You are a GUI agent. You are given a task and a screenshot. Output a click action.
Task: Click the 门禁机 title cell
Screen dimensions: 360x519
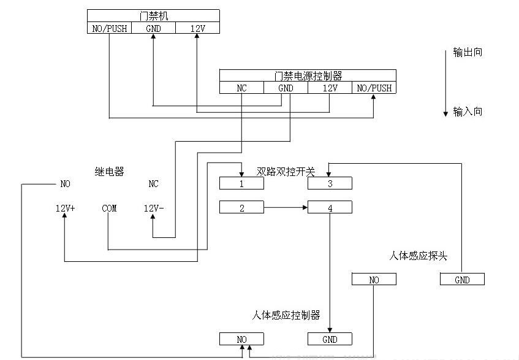153,15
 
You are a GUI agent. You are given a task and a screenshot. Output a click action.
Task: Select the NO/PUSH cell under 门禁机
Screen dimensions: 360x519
109,28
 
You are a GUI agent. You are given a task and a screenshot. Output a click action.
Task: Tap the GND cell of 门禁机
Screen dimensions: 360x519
153,28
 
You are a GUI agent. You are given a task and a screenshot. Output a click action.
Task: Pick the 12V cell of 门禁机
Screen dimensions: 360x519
197,28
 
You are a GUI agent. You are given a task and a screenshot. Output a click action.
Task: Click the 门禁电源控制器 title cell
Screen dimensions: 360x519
308,76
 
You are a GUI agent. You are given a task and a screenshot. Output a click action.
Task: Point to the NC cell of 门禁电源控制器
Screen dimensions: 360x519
241,88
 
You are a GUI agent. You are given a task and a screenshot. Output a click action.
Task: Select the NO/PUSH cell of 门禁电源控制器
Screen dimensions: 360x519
374,88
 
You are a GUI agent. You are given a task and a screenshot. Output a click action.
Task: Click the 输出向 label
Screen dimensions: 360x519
468,52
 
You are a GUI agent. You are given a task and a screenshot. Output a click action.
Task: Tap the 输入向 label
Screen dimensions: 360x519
468,112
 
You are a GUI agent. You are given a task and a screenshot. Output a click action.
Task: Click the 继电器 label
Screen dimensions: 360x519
109,172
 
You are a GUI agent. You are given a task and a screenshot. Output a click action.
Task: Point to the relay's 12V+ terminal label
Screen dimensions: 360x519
65,209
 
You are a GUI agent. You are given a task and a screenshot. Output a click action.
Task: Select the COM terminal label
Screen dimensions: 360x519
109,209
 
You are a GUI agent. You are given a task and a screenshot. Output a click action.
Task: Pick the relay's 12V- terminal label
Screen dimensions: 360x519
153,209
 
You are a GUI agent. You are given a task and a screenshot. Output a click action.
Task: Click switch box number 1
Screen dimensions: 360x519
241,183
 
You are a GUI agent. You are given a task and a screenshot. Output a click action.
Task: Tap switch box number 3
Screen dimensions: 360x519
330,183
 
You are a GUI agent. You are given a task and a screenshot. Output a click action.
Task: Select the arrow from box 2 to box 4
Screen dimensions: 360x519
286,208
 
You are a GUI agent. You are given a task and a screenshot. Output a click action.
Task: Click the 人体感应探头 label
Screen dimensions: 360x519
418,255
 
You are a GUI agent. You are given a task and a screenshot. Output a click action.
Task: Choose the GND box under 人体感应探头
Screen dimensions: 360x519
462,280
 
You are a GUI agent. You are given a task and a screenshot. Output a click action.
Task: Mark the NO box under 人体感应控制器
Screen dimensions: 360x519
241,339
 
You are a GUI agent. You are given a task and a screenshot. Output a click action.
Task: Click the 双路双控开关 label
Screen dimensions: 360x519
286,172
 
